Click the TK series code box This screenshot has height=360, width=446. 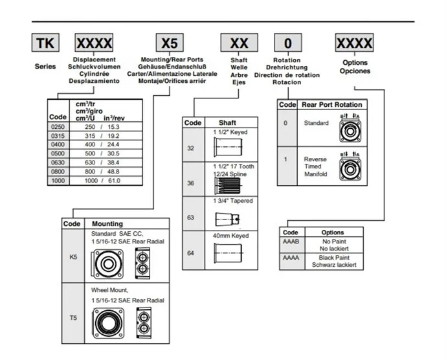(45, 43)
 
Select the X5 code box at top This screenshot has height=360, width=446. (170, 43)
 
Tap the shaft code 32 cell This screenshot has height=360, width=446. (191, 148)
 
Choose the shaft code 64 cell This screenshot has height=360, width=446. (191, 253)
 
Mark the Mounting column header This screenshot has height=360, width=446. (107, 223)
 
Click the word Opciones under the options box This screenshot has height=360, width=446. (355, 71)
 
